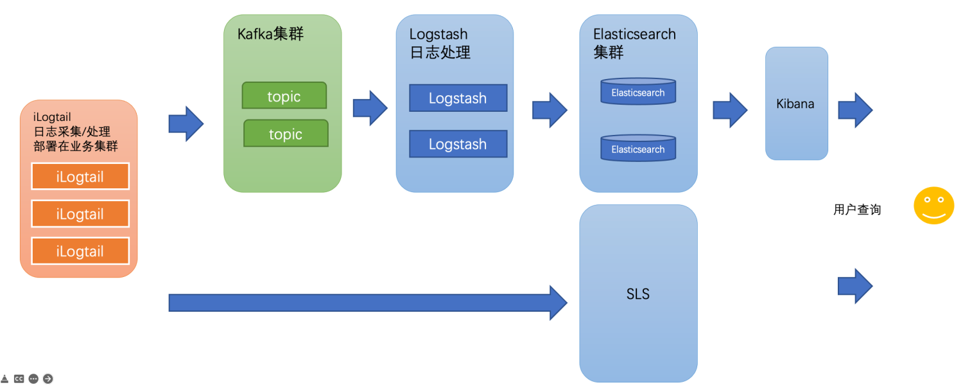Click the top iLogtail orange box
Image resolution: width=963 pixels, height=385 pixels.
point(80,176)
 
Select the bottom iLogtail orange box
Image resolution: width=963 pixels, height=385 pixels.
point(80,251)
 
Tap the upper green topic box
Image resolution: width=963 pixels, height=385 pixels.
point(284,96)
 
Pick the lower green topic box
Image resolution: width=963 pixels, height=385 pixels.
point(286,134)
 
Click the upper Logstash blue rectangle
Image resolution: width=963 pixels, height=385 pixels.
point(458,98)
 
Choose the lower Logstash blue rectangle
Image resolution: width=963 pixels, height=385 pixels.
point(458,144)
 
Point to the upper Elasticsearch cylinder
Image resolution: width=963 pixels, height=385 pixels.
point(638,92)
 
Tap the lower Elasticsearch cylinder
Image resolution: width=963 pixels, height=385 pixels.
point(638,148)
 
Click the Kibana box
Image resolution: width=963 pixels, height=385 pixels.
point(796,103)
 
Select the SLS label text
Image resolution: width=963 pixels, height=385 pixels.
point(638,294)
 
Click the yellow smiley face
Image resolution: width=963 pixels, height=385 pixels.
point(933,205)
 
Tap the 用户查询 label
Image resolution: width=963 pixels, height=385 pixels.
point(857,210)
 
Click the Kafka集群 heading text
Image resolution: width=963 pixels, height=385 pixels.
point(270,34)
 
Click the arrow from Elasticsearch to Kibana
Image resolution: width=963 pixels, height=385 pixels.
point(730,110)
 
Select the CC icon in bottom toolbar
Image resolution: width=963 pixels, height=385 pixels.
point(19,379)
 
